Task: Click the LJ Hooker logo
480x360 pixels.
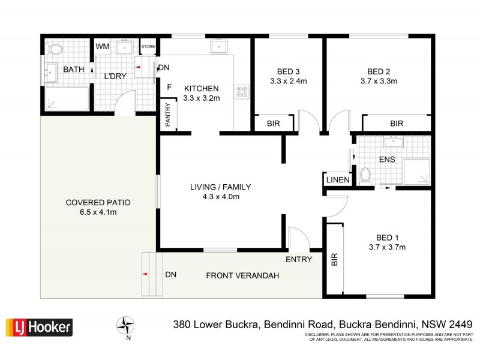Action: point(39,327)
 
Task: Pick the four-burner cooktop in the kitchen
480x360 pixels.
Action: point(244,92)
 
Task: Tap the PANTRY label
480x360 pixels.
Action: point(168,116)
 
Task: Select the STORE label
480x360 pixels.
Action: point(148,46)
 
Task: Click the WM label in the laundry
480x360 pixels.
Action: point(102,46)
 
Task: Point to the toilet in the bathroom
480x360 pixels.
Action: point(56,49)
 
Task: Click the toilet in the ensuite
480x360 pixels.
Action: point(364,175)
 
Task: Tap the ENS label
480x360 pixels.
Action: point(386,160)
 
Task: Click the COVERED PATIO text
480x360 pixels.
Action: point(98,203)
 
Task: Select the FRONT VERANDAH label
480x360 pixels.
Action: point(242,275)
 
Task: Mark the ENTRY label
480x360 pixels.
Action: point(299,259)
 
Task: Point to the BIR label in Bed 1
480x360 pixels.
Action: point(334,259)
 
